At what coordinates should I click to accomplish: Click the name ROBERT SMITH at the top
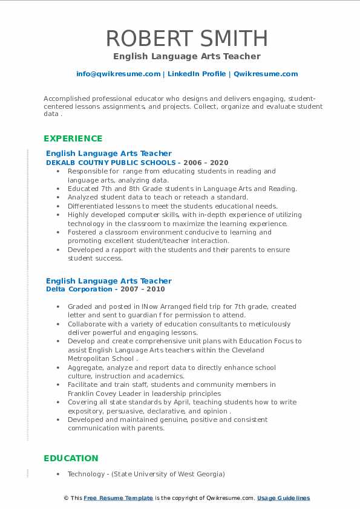point(186,38)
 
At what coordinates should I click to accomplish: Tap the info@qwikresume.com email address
point(118,74)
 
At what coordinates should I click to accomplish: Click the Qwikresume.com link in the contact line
point(266,74)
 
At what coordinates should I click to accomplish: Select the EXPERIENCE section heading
point(73,138)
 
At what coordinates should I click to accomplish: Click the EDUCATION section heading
point(71,458)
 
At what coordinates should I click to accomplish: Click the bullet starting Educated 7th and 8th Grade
point(182,189)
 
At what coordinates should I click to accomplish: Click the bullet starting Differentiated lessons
point(172,206)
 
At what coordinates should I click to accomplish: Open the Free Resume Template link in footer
point(119,498)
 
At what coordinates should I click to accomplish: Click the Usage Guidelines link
point(283,498)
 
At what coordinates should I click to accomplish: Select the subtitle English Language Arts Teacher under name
point(186,56)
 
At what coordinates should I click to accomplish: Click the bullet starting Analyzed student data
point(158,197)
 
